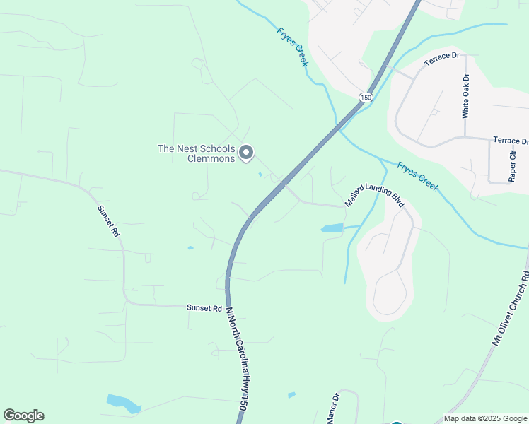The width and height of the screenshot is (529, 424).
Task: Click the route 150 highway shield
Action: tap(365, 97)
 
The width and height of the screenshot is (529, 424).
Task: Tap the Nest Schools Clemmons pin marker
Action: tap(246, 153)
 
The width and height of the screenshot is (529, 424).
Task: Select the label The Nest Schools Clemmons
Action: tap(196, 153)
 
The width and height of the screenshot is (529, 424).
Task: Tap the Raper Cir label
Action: tap(512, 166)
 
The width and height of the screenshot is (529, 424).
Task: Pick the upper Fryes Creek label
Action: tap(291, 45)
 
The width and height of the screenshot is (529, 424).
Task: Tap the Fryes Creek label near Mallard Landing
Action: tap(418, 176)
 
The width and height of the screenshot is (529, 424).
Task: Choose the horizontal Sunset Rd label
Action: tap(204, 308)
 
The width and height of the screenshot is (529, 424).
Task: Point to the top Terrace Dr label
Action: tap(442, 59)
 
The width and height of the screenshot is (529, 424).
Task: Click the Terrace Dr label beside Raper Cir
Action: tap(511, 141)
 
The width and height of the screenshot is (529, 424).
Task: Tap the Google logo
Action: tap(23, 416)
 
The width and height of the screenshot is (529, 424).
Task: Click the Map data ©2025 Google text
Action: tap(484, 418)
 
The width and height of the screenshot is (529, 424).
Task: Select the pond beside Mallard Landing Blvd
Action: tap(332, 228)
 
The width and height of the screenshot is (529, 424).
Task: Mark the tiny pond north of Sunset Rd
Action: tap(190, 247)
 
